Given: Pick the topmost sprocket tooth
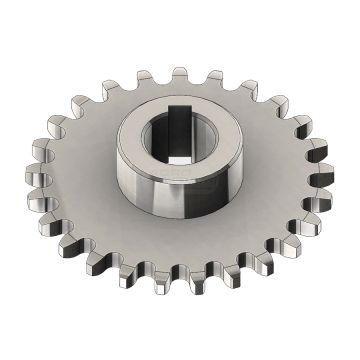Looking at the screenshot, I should coord(180,75).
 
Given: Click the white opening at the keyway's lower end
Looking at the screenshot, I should coord(177,159).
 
